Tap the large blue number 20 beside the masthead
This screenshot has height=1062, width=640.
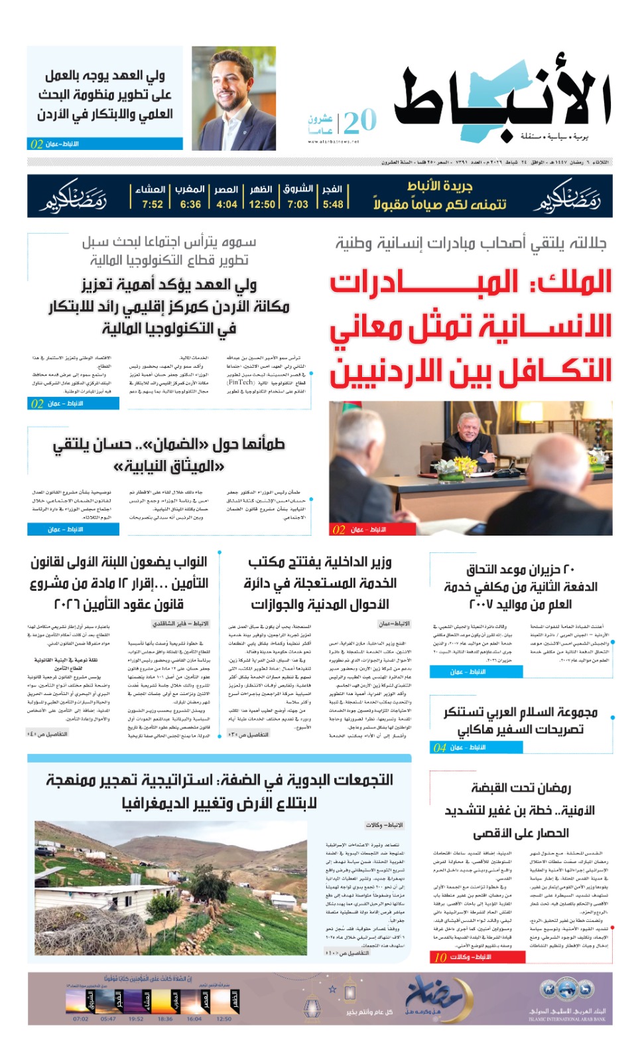pyautogui.click(x=360, y=121)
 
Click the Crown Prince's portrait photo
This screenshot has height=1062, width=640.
pyautogui.click(x=233, y=98)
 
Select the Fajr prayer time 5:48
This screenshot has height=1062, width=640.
pyautogui.click(x=333, y=204)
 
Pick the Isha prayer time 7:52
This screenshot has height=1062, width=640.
pyautogui.click(x=152, y=204)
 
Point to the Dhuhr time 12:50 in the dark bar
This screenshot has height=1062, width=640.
pyautogui.click(x=262, y=204)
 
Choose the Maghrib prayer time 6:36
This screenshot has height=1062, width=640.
pyautogui.click(x=190, y=204)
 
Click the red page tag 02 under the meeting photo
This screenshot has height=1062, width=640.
pyautogui.click(x=339, y=530)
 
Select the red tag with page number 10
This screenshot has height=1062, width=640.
pyautogui.click(x=440, y=957)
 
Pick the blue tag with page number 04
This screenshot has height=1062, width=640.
pyautogui.click(x=440, y=747)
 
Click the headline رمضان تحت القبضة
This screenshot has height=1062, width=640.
pyautogui.click(x=521, y=788)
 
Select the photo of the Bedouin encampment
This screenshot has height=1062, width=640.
pyautogui.click(x=172, y=887)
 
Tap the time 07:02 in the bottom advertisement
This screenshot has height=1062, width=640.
pyautogui.click(x=80, y=1019)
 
